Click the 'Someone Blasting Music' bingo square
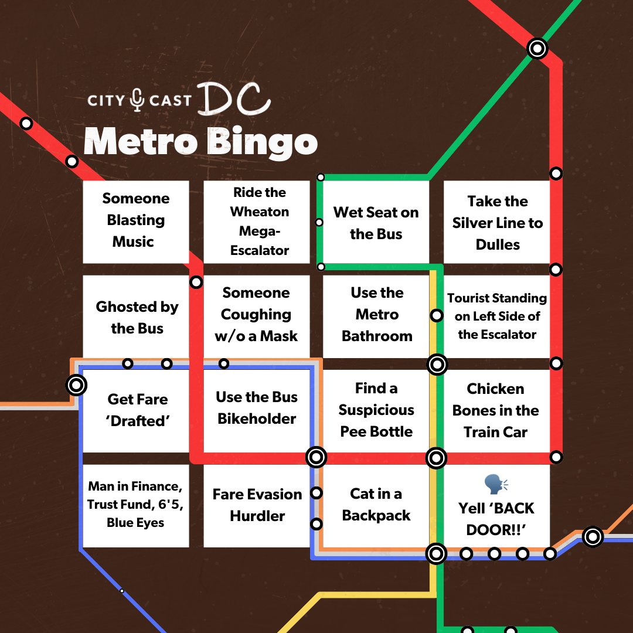point(135,221)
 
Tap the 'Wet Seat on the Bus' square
point(376,223)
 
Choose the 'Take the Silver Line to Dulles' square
point(497,223)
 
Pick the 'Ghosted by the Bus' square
point(137,317)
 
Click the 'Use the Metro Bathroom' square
point(377,315)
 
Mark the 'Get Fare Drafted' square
point(137,410)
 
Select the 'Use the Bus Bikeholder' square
point(257,408)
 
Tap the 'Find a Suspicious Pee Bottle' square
point(376,410)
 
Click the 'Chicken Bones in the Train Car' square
point(496,410)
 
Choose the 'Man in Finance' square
point(135,505)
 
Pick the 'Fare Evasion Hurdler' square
point(257,505)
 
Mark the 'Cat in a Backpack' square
point(376,505)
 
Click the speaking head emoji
point(496,485)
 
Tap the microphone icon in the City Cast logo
point(137,100)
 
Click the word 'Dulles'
point(498,244)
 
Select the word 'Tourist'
point(472,298)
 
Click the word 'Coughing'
point(256,315)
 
